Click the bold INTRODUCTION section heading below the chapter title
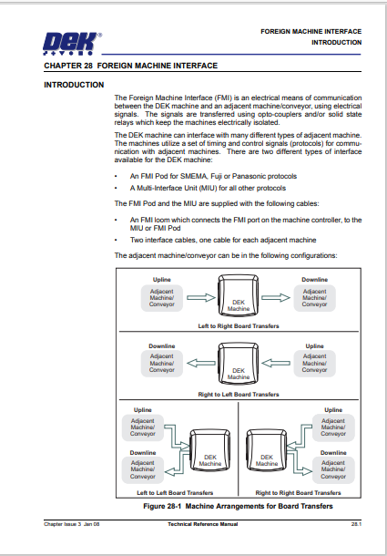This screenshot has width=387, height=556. point(74,85)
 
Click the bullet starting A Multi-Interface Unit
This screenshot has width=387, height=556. point(197,188)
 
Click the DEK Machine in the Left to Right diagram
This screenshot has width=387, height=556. point(238,304)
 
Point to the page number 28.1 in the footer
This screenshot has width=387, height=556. point(356,524)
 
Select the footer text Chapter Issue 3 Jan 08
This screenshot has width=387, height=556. point(69,524)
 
